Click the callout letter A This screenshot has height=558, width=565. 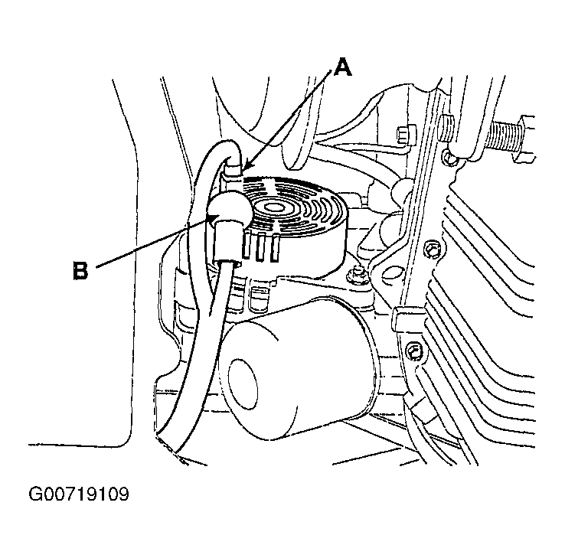point(342,68)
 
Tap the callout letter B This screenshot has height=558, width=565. point(80,270)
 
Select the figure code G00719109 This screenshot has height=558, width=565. point(79,494)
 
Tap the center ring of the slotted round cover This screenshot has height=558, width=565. point(275,208)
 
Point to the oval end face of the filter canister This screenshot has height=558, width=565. point(243,384)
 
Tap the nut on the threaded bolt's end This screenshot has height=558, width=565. point(527,137)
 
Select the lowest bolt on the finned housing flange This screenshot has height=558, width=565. point(413,351)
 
